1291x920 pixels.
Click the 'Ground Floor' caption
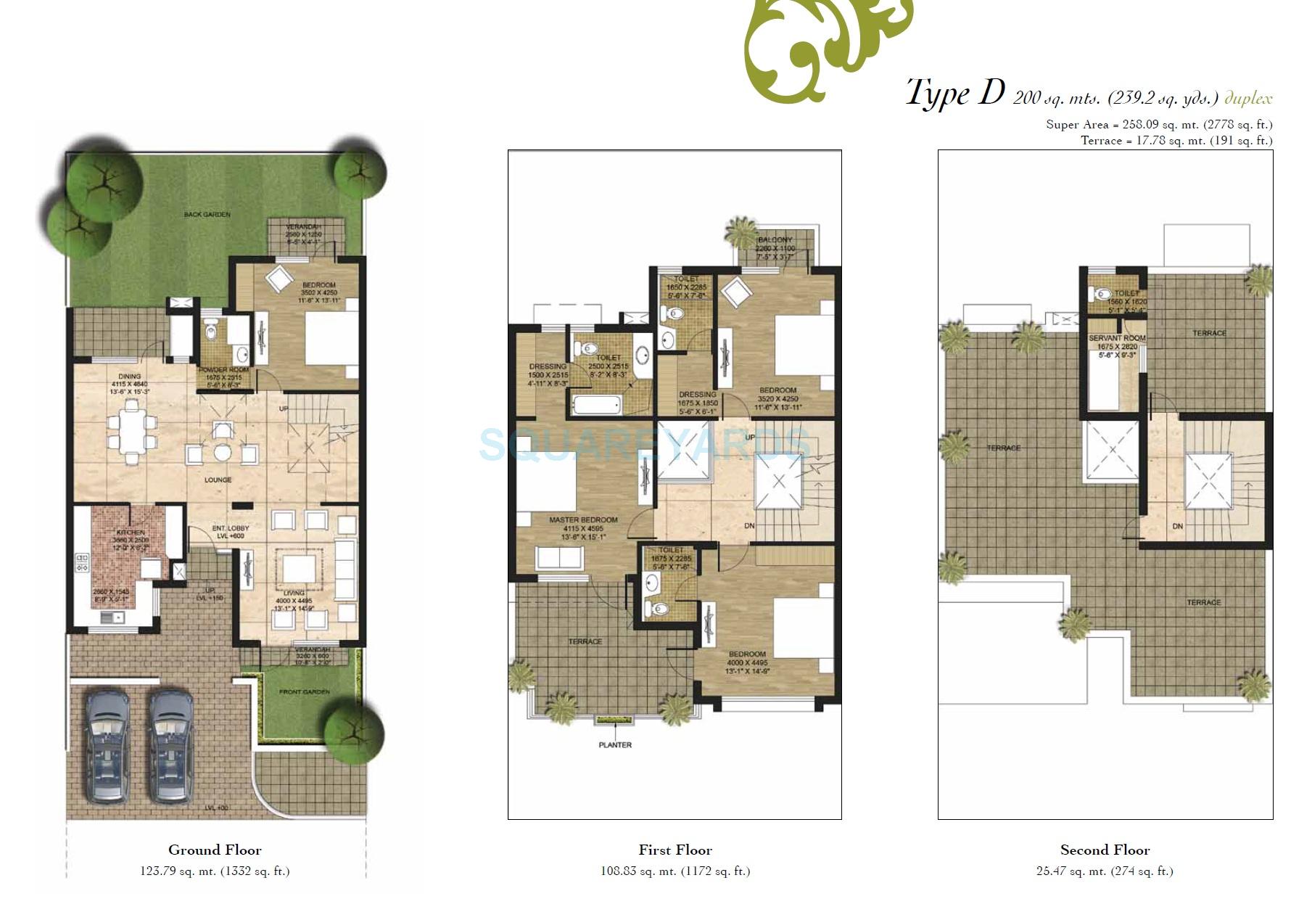point(215,850)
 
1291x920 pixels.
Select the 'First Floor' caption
point(675,850)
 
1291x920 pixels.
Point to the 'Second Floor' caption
point(1105,850)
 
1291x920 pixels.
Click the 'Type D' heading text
point(955,94)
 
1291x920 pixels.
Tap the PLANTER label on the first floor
point(615,745)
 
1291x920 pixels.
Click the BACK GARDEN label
point(207,215)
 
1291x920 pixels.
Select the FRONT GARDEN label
point(305,692)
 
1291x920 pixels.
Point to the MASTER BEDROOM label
point(583,520)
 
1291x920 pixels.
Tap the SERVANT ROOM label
point(1117,339)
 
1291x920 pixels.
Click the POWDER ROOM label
point(224,370)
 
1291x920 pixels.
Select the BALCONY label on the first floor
point(775,240)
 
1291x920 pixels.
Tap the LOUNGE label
point(218,480)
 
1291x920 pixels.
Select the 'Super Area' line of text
point(1158,125)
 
